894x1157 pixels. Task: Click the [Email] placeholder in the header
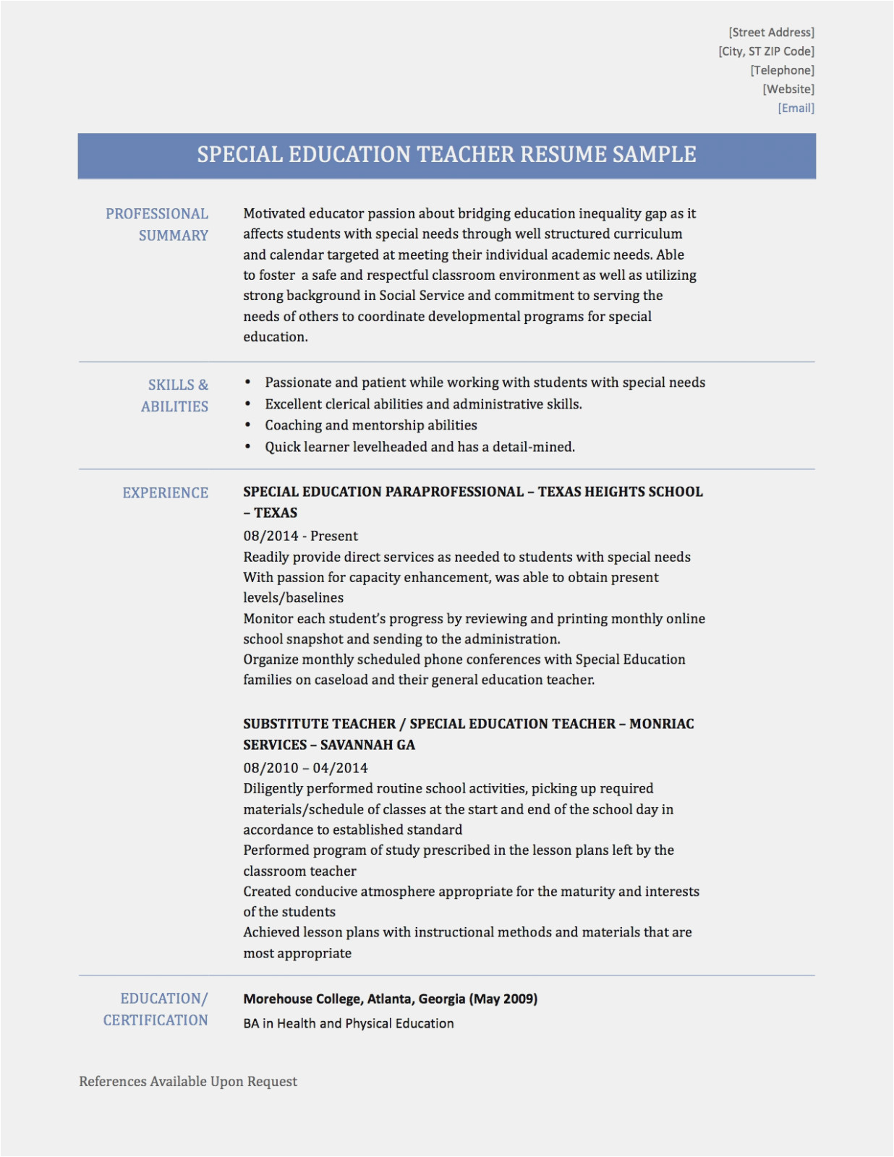coord(796,108)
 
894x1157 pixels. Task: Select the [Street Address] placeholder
coord(771,33)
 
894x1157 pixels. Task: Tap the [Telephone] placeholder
coord(782,70)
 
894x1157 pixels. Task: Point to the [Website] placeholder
coord(788,89)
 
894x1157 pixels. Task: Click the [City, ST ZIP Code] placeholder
coord(766,51)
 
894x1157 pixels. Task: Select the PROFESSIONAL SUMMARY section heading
coord(158,224)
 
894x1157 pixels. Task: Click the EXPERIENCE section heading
coord(165,493)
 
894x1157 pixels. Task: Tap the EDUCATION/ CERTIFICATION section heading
coord(156,1009)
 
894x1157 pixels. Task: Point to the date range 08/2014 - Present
coord(300,536)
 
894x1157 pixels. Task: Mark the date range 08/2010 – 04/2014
coord(305,768)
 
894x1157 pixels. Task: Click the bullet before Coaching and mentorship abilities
coord(248,425)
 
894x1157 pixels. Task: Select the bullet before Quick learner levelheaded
coord(248,447)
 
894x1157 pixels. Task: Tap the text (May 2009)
coord(503,999)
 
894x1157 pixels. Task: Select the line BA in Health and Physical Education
coord(349,1024)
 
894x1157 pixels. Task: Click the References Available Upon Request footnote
coord(188,1082)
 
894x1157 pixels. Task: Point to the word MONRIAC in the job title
coord(661,724)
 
